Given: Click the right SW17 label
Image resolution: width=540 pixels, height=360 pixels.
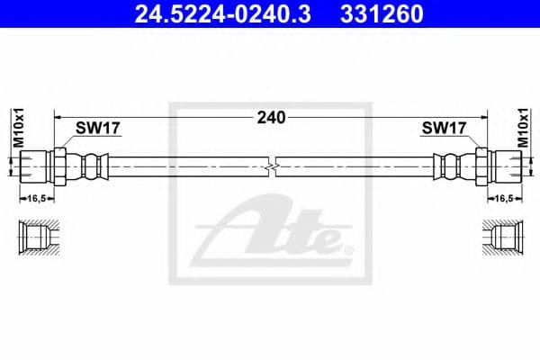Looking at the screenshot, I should [x=444, y=129].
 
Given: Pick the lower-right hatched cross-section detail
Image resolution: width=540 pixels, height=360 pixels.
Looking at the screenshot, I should [x=503, y=237].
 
